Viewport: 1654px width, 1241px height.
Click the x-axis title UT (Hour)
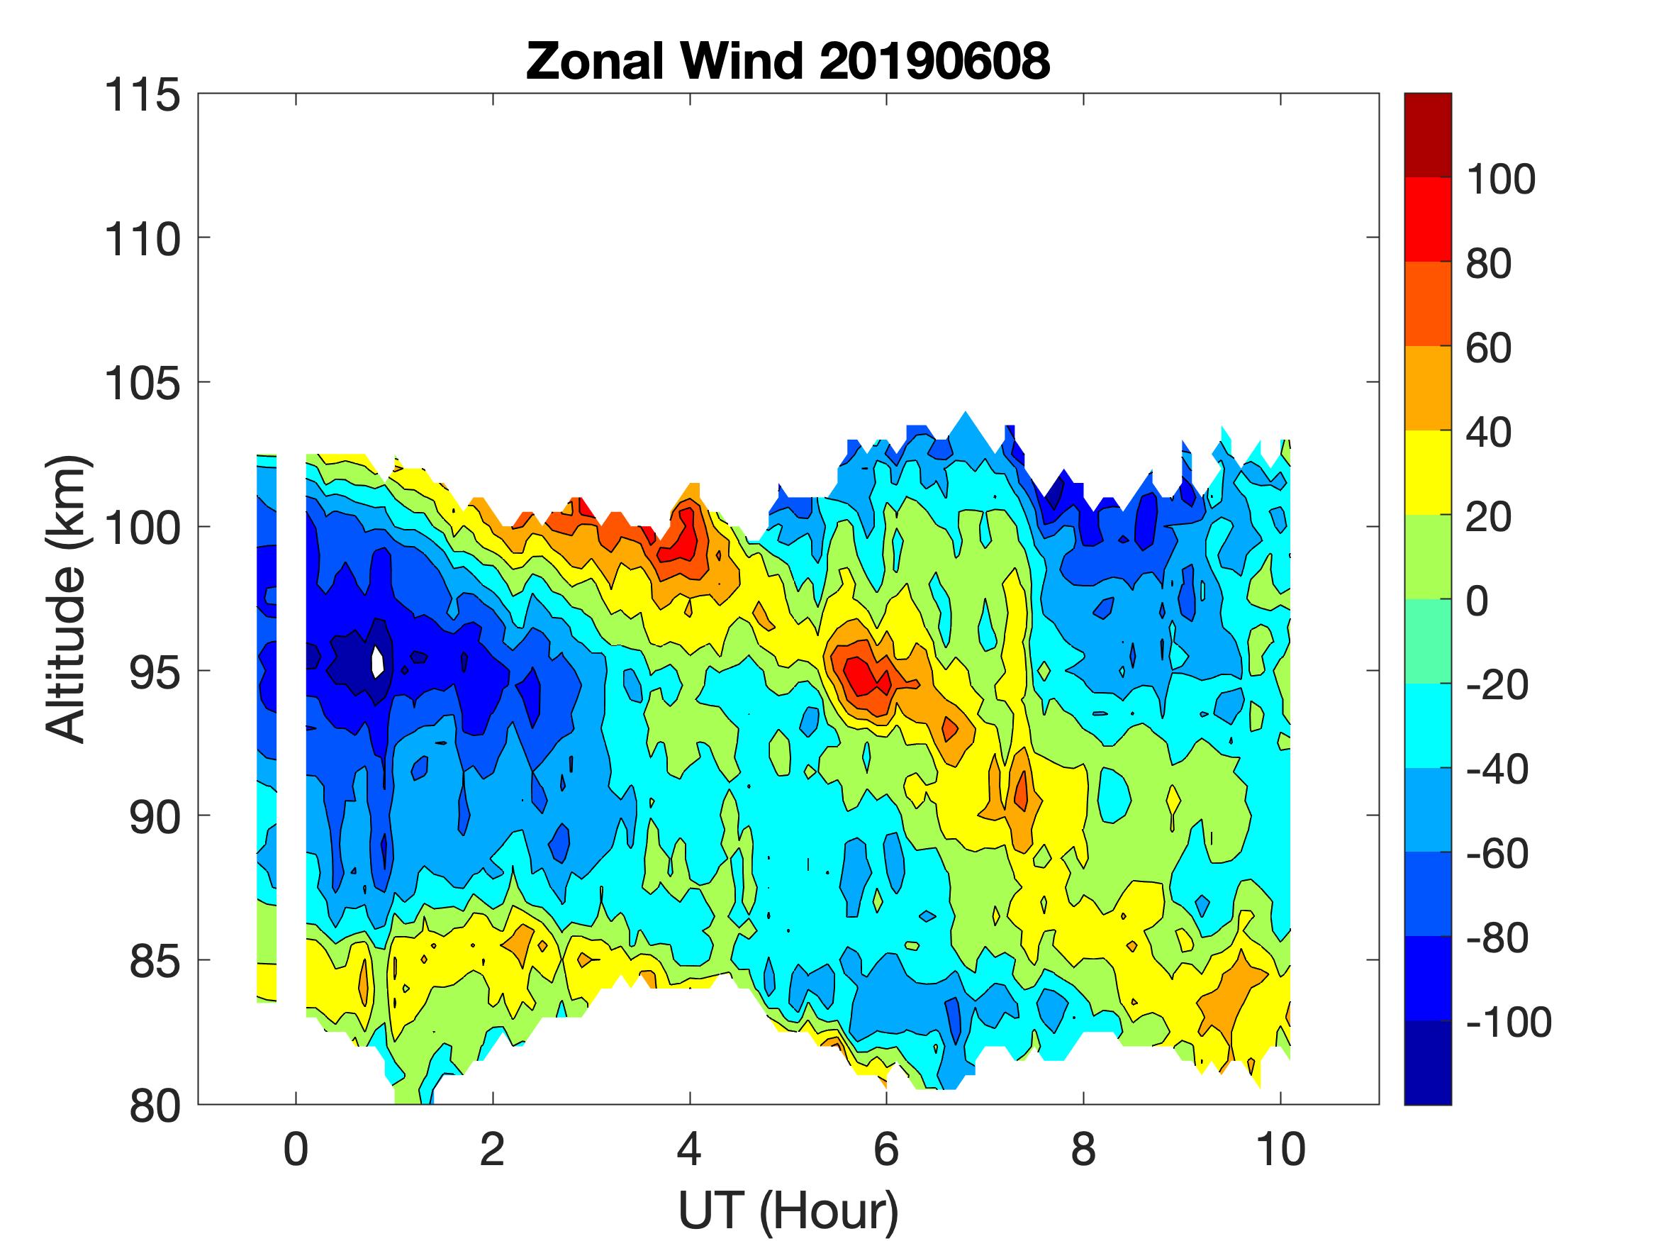point(788,1211)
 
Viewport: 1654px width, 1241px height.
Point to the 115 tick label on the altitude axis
point(142,96)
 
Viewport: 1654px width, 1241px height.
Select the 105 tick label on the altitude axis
point(142,384)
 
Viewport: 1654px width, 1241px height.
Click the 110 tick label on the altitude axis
point(142,240)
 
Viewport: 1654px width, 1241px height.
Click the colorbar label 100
point(1500,179)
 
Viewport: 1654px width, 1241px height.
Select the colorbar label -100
point(1508,1022)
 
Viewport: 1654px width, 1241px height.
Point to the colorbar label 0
point(1477,601)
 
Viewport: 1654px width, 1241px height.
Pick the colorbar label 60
point(1488,348)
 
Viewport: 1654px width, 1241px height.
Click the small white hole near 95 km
point(379,660)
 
